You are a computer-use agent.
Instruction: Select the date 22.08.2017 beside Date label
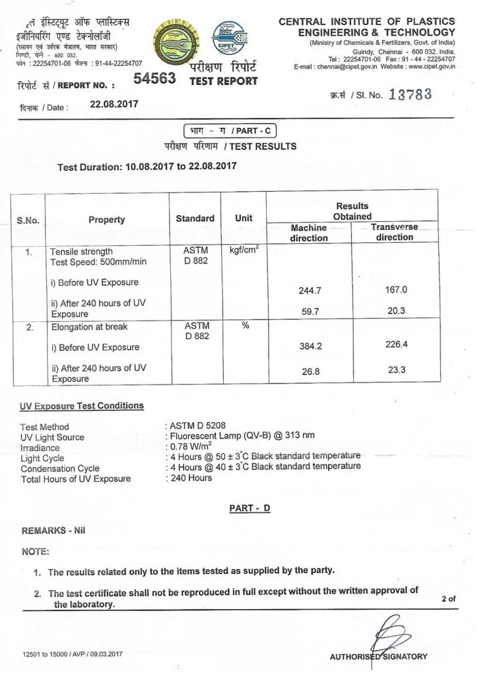114,105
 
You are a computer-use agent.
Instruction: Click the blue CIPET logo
229,37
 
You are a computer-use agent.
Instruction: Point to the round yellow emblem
178,42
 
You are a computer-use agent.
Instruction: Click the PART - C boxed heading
231,131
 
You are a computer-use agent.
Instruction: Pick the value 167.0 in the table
395,289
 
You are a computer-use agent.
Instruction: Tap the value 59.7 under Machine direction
309,312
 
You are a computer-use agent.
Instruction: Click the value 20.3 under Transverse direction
395,311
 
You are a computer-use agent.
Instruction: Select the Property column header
107,219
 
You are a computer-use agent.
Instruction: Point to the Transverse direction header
394,232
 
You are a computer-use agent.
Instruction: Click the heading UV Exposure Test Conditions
82,406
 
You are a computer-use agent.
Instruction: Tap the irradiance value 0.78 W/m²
188,447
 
